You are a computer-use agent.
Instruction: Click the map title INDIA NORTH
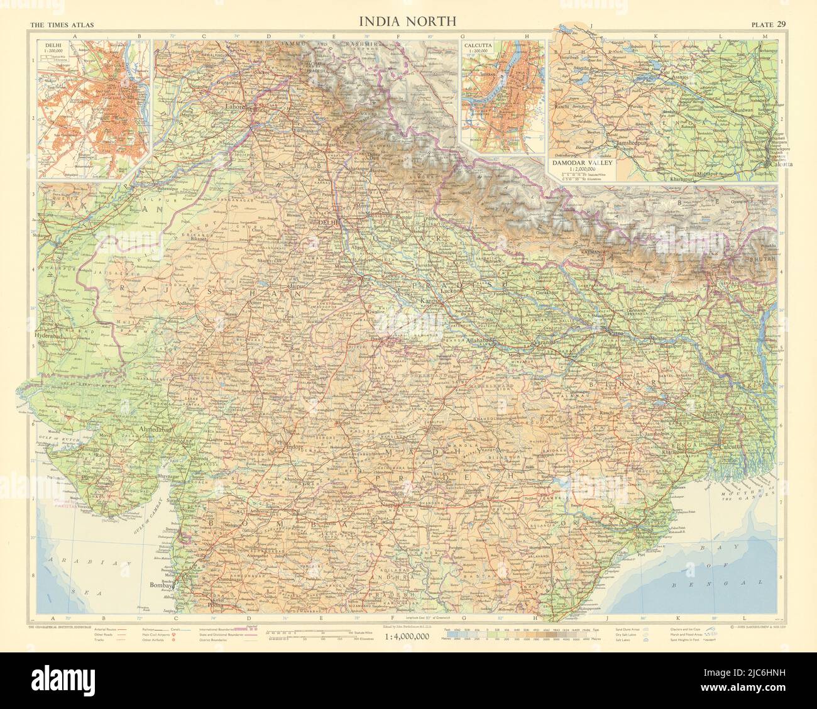(407, 21)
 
